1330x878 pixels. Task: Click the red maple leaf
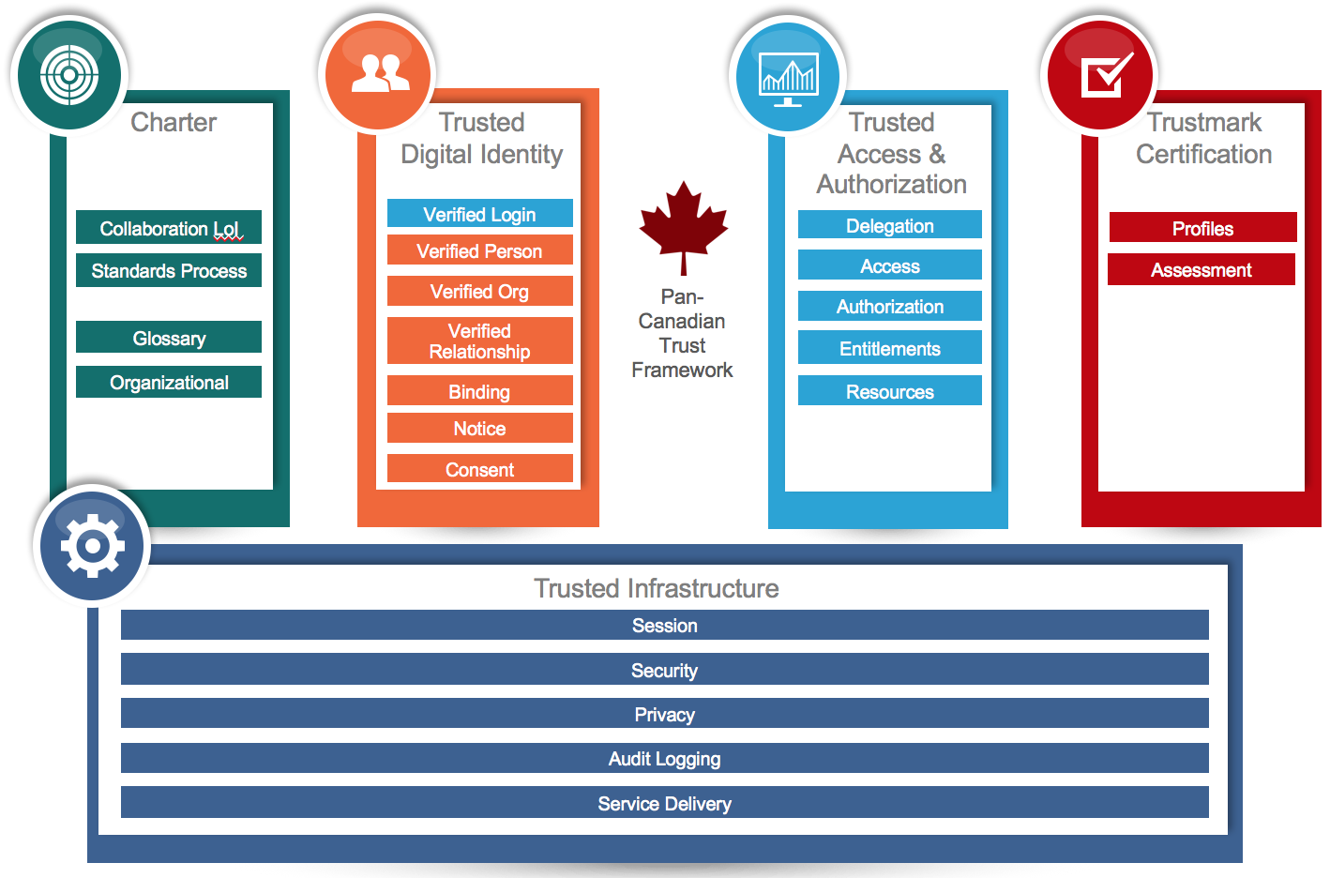tap(684, 228)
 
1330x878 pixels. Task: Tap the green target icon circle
tap(69, 75)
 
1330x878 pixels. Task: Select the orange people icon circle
tap(378, 75)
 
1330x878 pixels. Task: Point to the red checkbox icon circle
tap(1100, 75)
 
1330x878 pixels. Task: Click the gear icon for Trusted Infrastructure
tap(93, 546)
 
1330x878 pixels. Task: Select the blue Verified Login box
tap(479, 213)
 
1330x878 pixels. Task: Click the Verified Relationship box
tap(479, 341)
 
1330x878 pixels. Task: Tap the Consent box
tap(479, 468)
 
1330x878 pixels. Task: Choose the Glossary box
tap(169, 337)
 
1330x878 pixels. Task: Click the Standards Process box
tap(169, 270)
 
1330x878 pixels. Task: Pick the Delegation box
tap(889, 224)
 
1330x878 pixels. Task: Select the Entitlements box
tap(889, 347)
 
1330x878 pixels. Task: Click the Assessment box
tap(1202, 269)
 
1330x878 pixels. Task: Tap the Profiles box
tap(1203, 227)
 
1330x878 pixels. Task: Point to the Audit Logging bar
tap(664, 758)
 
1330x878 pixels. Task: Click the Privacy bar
tap(664, 713)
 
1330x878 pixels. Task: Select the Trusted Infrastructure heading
tap(657, 588)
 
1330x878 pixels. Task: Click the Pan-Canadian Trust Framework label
tap(682, 333)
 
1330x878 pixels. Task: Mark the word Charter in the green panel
tap(174, 122)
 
